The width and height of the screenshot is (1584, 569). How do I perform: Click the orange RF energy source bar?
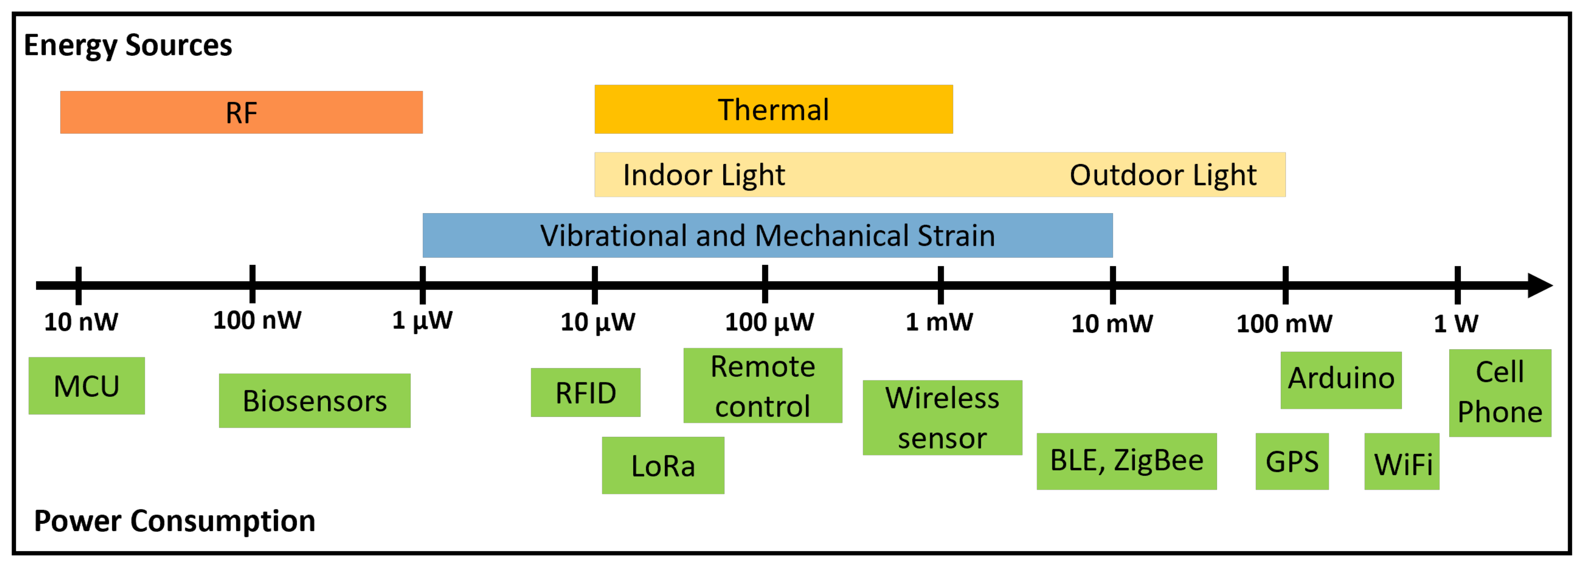coord(241,113)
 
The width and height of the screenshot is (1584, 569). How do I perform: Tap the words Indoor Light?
coord(703,175)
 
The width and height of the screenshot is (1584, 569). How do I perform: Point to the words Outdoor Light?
coord(1162,175)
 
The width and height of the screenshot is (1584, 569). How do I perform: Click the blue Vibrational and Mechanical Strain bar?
coord(767,235)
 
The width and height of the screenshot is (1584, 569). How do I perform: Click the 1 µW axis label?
coord(422,321)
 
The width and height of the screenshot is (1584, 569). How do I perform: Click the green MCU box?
coord(87,386)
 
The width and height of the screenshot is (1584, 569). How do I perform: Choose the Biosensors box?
coord(314,401)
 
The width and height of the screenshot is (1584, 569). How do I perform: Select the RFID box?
coord(585,392)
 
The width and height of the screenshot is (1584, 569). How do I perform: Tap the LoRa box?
coord(663,466)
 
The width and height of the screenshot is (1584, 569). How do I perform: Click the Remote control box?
coord(763,386)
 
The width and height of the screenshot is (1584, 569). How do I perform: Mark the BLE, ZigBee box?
coord(1126,461)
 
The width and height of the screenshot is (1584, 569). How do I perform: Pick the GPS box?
coord(1291,461)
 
